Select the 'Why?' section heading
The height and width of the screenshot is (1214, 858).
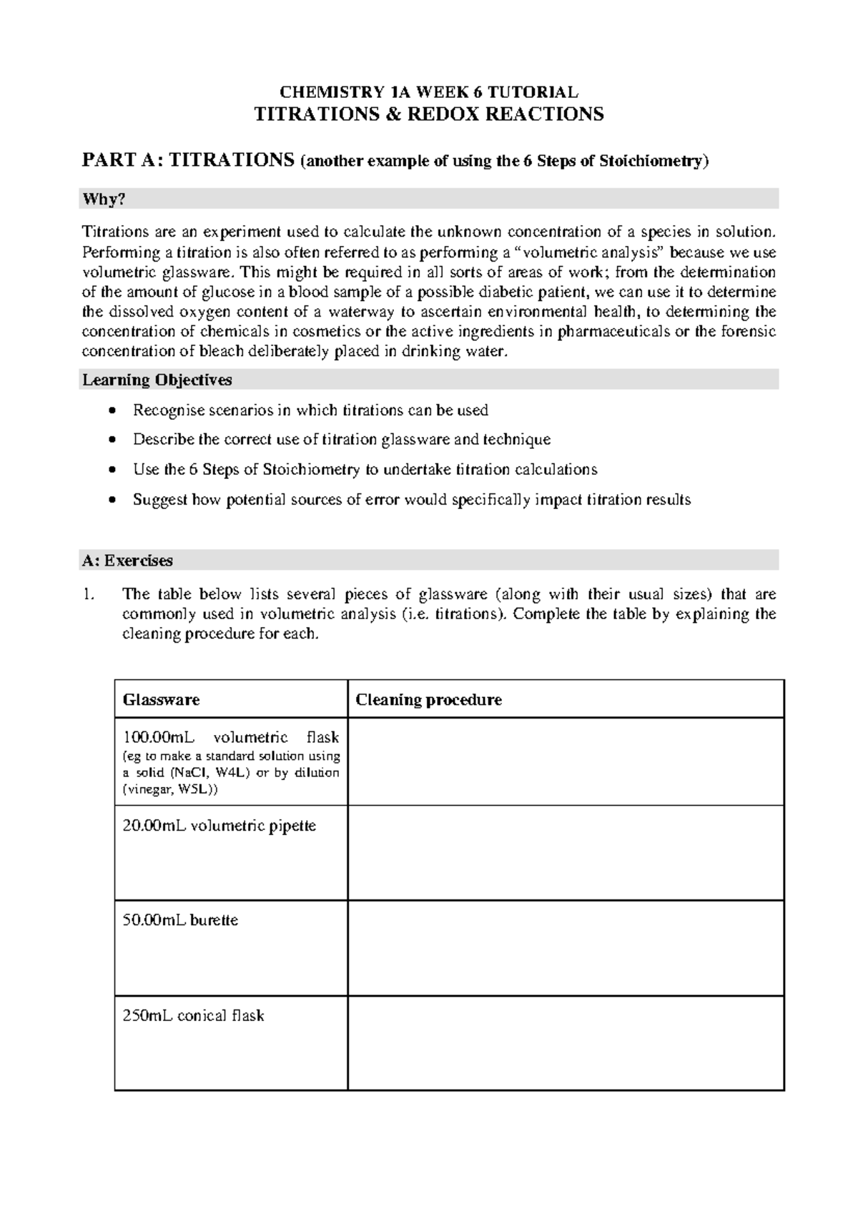pos(104,199)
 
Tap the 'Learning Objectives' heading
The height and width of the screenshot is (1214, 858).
pos(157,380)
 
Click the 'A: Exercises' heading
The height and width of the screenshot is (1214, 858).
pos(127,561)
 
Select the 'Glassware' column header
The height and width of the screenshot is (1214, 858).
pos(161,700)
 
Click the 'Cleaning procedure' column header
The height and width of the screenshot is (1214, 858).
pos(428,700)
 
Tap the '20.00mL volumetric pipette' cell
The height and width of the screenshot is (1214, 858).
pos(219,826)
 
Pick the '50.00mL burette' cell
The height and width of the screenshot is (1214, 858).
pos(180,920)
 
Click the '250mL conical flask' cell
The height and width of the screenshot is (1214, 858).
pos(193,1015)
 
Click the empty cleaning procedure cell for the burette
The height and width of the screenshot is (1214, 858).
pos(565,947)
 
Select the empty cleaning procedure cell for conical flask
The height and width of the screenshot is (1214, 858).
pos(565,1042)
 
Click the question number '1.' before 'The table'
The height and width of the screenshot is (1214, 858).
pos(88,594)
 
